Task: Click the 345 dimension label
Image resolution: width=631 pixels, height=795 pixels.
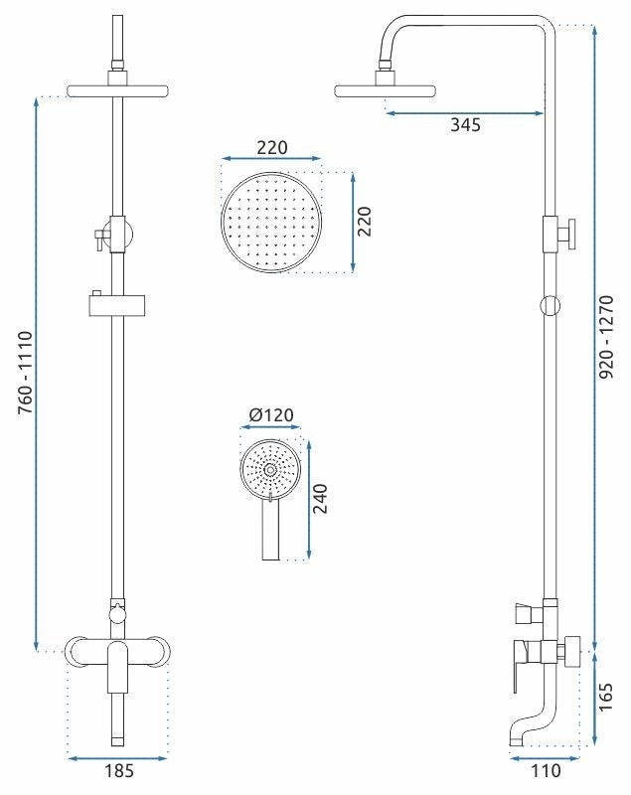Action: (465, 125)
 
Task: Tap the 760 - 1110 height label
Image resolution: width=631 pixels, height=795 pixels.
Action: (26, 373)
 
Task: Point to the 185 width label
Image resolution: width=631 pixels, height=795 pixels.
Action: (119, 771)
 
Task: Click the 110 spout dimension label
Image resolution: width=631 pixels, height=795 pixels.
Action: (546, 771)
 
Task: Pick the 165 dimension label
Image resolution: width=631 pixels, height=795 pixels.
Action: (606, 698)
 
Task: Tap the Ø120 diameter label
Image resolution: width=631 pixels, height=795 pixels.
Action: (271, 415)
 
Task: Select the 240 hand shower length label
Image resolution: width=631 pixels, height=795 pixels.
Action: (320, 499)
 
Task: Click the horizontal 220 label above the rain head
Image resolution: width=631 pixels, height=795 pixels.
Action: (271, 147)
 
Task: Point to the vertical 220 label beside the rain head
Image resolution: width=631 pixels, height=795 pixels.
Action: (364, 221)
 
